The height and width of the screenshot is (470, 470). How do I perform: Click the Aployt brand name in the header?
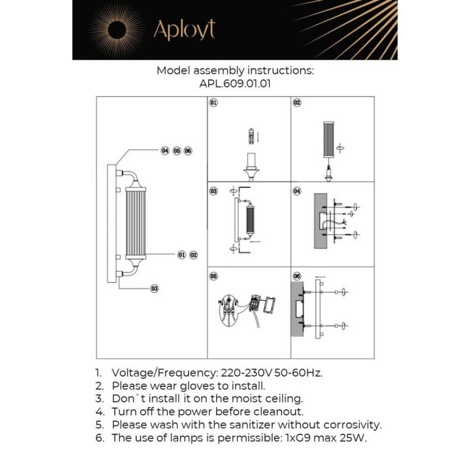(x=184, y=30)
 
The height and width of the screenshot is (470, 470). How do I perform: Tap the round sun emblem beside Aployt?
(x=116, y=30)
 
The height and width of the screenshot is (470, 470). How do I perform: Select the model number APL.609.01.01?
(x=235, y=83)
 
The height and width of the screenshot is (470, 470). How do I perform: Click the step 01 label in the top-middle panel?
(x=213, y=103)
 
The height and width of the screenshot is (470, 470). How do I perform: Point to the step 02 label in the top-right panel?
(x=296, y=103)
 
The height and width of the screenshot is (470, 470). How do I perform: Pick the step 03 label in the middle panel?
(x=213, y=191)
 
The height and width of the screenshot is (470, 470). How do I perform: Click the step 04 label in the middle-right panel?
(x=296, y=191)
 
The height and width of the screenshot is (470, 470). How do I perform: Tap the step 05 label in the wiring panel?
(x=213, y=276)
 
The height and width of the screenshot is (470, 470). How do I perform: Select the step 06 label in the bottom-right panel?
(x=296, y=276)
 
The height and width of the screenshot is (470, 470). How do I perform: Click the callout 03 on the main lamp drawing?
(x=154, y=288)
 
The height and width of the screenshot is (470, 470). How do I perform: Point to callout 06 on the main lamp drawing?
(x=188, y=150)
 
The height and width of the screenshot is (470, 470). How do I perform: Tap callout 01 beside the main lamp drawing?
(x=181, y=255)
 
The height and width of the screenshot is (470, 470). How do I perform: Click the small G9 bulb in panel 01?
(x=252, y=135)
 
